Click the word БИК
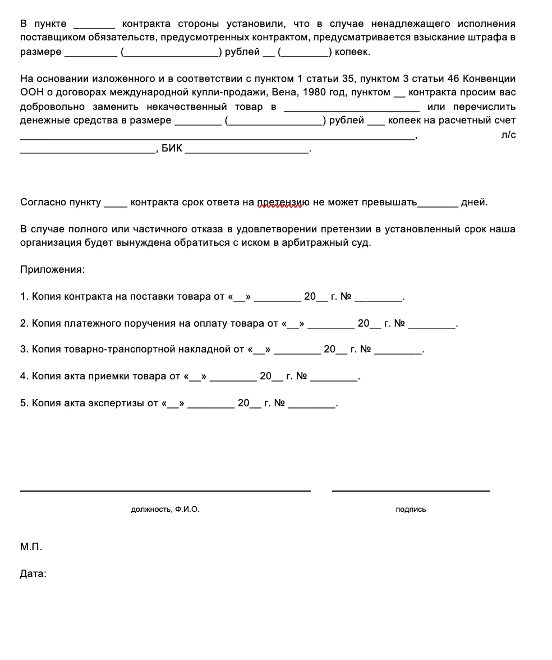(172, 149)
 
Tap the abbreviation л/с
(508, 135)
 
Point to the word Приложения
(52, 269)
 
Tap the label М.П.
(31, 547)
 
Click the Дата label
(33, 574)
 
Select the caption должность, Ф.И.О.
(165, 510)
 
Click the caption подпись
(411, 510)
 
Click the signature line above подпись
(411, 491)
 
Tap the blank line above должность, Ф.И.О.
(165, 491)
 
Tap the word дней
(474, 202)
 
